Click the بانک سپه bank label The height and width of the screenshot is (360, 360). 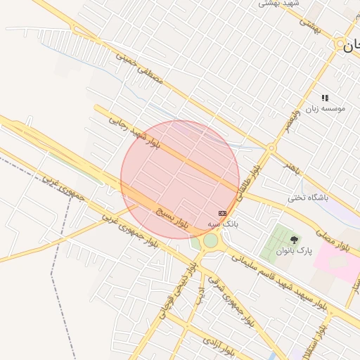[223, 224]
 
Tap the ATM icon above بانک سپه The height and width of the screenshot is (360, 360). [223, 212]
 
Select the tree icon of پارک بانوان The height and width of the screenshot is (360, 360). [294, 240]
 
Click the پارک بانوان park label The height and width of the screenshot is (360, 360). [293, 250]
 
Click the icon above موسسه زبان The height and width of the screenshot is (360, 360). [325, 98]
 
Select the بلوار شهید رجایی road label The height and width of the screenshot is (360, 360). [134, 131]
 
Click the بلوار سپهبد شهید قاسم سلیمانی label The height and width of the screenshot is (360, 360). [275, 281]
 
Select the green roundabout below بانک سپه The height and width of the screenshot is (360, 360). [210, 241]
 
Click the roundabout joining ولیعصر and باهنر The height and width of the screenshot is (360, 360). [271, 148]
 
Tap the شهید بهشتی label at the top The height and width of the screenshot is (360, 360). [280, 4]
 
